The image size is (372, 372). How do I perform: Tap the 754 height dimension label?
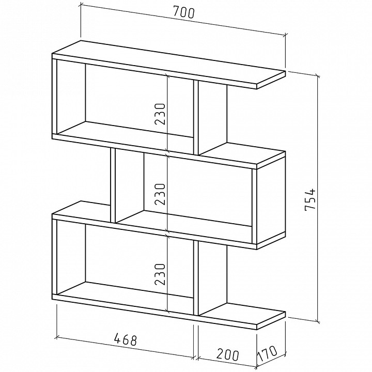coord(310,199)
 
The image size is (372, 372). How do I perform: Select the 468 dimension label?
coord(126,339)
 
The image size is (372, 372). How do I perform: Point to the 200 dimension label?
coord(227,354)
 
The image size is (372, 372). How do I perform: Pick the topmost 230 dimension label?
coord(160,114)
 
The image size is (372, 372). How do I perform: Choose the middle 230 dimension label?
coord(160,194)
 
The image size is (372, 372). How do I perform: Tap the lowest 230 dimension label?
coord(160,274)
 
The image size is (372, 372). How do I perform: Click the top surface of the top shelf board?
coord(168,62)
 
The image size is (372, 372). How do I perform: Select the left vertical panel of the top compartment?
coord(55,97)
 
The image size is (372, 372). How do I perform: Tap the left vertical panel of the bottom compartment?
coord(55,257)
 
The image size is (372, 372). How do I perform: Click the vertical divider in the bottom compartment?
coord(196,278)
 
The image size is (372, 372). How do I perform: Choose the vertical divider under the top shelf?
coord(196,118)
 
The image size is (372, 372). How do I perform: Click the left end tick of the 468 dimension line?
coord(57,337)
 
